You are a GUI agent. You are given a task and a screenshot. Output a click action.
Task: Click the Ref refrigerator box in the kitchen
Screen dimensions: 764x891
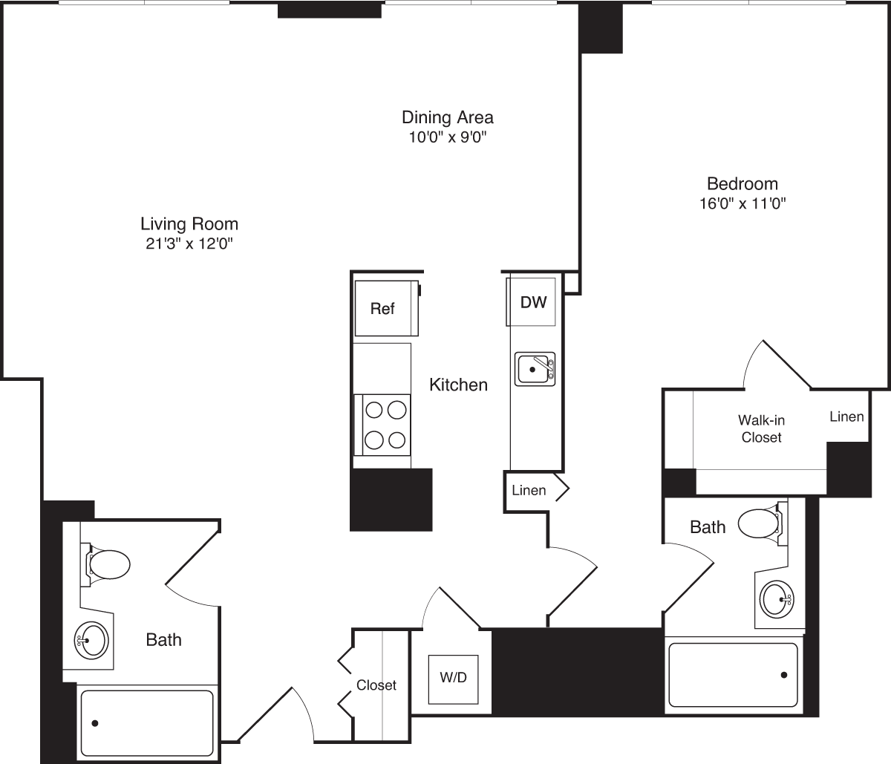click(x=382, y=308)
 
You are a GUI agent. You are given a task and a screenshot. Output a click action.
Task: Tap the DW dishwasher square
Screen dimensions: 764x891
click(x=533, y=302)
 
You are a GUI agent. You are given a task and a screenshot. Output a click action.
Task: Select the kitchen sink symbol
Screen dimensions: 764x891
click(x=535, y=368)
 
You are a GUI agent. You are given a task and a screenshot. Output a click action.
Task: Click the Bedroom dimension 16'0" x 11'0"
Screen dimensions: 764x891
click(x=742, y=203)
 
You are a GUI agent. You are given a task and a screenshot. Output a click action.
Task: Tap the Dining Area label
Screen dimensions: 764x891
click(x=447, y=117)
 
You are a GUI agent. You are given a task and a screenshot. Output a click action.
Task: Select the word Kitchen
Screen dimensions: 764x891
click(x=459, y=385)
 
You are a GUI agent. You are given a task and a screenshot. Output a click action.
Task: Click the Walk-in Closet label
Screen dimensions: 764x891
click(x=761, y=429)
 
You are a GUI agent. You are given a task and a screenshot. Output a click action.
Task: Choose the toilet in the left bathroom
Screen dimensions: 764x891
click(x=108, y=564)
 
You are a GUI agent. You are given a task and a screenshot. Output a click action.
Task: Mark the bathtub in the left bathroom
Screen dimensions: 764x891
click(x=147, y=722)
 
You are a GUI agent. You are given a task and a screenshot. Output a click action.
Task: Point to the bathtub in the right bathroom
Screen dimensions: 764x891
click(x=733, y=674)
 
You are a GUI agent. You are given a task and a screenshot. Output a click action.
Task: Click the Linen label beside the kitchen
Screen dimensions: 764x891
click(x=529, y=490)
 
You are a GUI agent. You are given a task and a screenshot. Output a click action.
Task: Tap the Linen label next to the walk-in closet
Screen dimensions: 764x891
click(x=846, y=417)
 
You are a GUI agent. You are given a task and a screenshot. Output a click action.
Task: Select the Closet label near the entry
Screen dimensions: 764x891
click(x=376, y=685)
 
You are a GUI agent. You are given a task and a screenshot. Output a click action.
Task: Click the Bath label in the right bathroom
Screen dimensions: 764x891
click(x=708, y=527)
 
